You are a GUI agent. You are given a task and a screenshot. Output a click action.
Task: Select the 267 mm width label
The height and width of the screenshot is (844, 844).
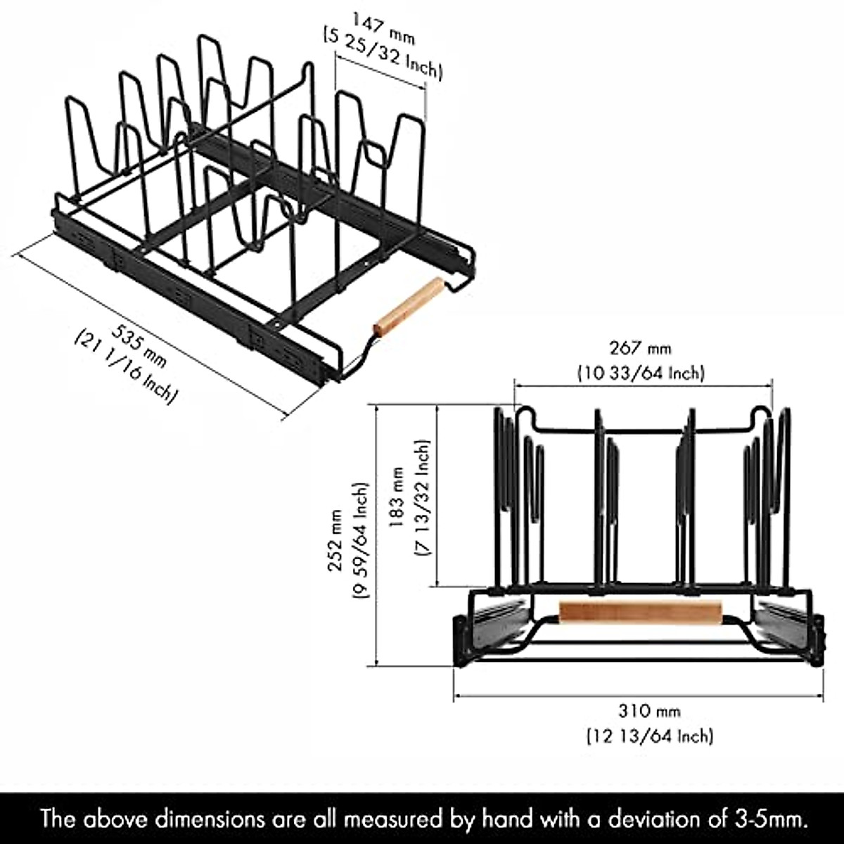click(640, 347)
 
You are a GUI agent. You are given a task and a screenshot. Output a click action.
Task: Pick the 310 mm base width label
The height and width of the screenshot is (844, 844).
click(649, 711)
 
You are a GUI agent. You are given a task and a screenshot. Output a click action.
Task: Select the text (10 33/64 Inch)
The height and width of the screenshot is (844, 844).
click(640, 373)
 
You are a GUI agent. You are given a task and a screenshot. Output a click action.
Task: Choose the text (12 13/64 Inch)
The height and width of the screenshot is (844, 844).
click(649, 736)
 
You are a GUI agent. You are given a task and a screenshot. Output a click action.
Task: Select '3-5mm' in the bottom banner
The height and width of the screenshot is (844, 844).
click(769, 819)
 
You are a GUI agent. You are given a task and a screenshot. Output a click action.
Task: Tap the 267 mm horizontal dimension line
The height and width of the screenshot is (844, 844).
click(563, 384)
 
